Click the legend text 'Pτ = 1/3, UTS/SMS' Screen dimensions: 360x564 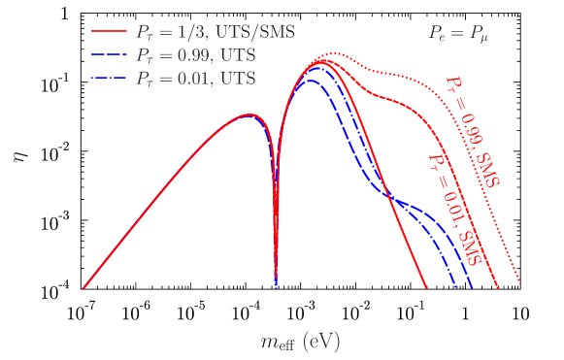(215, 33)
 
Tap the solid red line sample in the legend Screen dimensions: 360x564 (110, 33)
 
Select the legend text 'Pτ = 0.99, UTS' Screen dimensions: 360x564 (195, 55)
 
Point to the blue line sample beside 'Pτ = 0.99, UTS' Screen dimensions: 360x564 (110, 55)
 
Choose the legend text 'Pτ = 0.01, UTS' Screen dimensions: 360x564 (195, 78)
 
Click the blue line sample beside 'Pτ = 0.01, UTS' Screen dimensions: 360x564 (110, 78)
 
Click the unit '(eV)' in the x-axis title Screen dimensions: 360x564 (321, 342)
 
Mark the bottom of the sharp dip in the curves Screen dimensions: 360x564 (277, 286)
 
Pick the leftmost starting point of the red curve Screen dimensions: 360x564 (83, 288)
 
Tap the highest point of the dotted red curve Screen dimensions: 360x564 (333, 53)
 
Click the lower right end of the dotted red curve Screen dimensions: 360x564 (521, 282)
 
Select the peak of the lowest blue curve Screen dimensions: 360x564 (310, 81)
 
